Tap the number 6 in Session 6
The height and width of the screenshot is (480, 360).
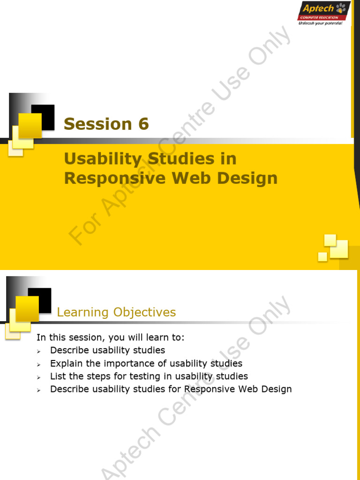click(143, 124)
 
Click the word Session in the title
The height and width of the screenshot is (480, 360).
click(97, 124)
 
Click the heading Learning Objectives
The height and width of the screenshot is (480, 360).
click(116, 312)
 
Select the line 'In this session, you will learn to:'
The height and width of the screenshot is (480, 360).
click(111, 337)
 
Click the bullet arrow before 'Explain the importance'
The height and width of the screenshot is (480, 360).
click(39, 365)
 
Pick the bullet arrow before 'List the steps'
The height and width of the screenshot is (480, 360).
click(39, 377)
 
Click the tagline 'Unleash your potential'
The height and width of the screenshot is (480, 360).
click(320, 23)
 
